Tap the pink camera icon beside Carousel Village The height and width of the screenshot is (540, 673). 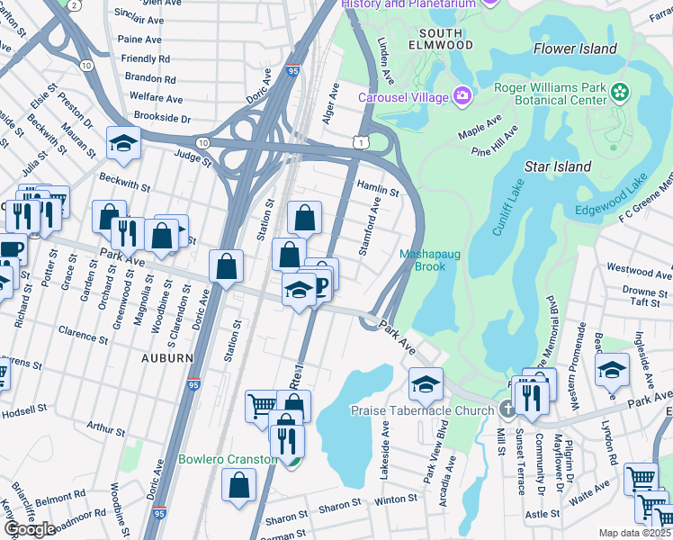tap(462, 94)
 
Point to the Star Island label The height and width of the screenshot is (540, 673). tap(558, 166)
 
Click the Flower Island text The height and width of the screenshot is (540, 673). tap(575, 49)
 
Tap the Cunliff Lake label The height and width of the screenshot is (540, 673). tap(507, 207)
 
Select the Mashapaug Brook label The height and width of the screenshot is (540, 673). tap(430, 260)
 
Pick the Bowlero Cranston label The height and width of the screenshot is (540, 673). tap(227, 459)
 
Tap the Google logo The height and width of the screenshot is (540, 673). tap(30, 528)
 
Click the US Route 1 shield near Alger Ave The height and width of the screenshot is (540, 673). tap(360, 142)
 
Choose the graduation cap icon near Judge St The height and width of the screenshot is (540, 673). tap(123, 142)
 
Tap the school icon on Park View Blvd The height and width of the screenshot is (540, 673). tap(426, 383)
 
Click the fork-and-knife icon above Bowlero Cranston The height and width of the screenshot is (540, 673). tap(287, 439)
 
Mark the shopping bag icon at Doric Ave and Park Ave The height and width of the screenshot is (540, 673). tap(226, 265)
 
